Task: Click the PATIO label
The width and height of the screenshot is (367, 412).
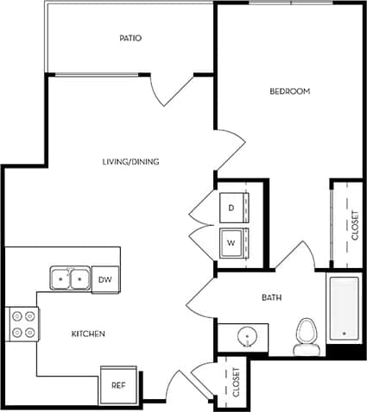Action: pos(130,39)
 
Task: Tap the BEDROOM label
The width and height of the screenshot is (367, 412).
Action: pos(289,91)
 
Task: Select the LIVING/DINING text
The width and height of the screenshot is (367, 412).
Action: pos(130,161)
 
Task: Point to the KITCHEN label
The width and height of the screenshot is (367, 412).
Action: pos(88,334)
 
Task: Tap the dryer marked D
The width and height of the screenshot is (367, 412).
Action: pos(232,208)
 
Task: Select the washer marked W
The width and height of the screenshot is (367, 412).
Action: pos(231,242)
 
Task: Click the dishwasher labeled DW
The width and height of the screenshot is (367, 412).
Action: pos(104,279)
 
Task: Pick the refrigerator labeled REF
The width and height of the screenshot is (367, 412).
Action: pos(119,384)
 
